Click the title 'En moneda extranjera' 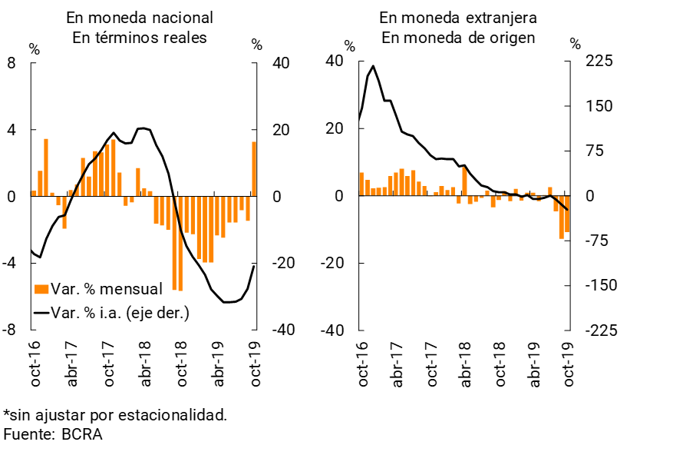[x=458, y=17]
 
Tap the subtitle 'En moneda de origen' [x=458, y=38]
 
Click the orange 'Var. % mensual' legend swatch [x=41, y=289]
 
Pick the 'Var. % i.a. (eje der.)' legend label [x=119, y=312]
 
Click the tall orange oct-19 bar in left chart [x=254, y=169]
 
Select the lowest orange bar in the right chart [x=562, y=218]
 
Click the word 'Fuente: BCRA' [x=53, y=434]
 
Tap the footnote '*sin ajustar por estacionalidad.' [x=115, y=415]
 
